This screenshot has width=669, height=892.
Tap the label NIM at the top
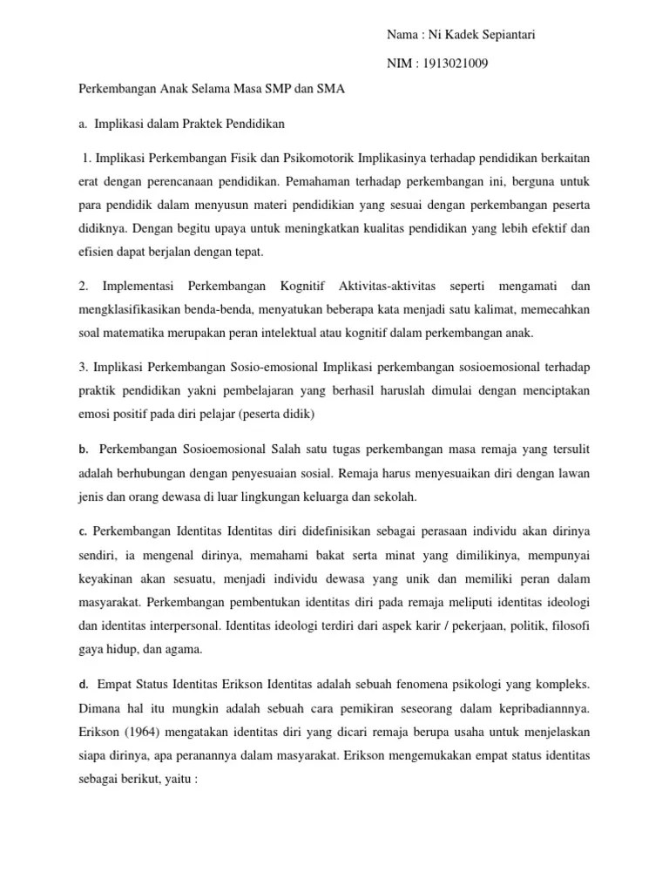point(400,64)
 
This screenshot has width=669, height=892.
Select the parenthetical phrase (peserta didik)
point(280,413)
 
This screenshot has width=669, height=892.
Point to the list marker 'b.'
point(84,449)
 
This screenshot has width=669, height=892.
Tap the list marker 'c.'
point(84,531)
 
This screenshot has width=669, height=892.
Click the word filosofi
point(569,625)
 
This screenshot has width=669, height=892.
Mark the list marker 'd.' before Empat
point(84,684)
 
